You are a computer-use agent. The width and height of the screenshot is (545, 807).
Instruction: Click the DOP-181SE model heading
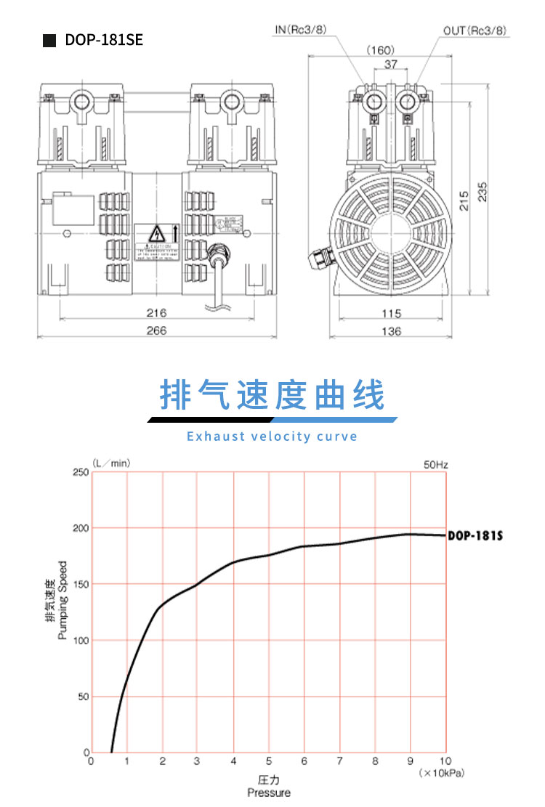(x=104, y=41)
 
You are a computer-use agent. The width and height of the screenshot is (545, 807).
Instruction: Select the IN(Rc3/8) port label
(x=300, y=31)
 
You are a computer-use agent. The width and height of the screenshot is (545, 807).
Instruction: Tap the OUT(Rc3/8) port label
(x=475, y=31)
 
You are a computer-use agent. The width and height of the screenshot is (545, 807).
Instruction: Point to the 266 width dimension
(x=156, y=330)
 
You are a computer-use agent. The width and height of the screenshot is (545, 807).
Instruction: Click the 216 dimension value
(x=156, y=313)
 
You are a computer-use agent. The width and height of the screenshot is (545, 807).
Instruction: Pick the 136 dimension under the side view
(x=391, y=331)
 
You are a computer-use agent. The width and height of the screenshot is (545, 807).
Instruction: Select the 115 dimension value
(x=391, y=313)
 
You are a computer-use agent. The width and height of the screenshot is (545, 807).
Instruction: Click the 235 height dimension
(x=483, y=190)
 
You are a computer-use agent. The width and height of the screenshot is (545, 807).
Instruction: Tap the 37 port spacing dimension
(x=390, y=65)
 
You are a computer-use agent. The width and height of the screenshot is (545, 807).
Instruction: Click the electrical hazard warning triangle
(x=156, y=234)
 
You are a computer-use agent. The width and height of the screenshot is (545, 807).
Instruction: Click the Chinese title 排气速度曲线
(x=272, y=395)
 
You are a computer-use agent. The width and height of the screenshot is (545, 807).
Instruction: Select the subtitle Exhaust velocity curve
(x=272, y=437)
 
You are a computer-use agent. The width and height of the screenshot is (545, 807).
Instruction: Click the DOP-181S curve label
(x=475, y=536)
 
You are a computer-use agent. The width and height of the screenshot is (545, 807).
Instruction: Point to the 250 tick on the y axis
(x=80, y=472)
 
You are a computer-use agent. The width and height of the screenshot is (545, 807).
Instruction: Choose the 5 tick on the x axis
(x=268, y=761)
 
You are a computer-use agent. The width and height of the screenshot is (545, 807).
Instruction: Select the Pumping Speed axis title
(x=62, y=600)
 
